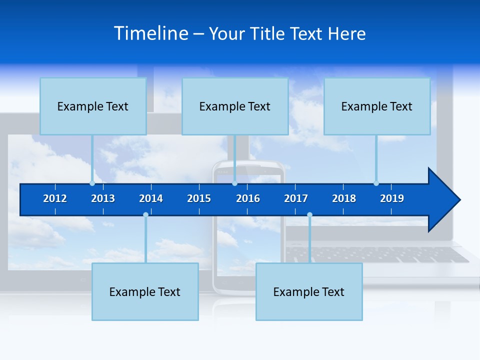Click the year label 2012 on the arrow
[55, 198]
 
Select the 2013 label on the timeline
[103, 198]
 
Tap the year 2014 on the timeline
[151, 198]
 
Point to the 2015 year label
[199, 198]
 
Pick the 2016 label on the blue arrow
[248, 198]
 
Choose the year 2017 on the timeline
[296, 198]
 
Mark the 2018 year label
[344, 198]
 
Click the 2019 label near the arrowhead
[392, 198]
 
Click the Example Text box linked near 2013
[93, 106]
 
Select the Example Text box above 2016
[235, 106]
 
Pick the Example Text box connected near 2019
[377, 106]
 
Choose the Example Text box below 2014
[145, 292]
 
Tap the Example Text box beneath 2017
[309, 292]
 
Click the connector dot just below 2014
[145, 215]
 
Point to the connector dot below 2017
[309, 215]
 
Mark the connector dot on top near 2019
[376, 183]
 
